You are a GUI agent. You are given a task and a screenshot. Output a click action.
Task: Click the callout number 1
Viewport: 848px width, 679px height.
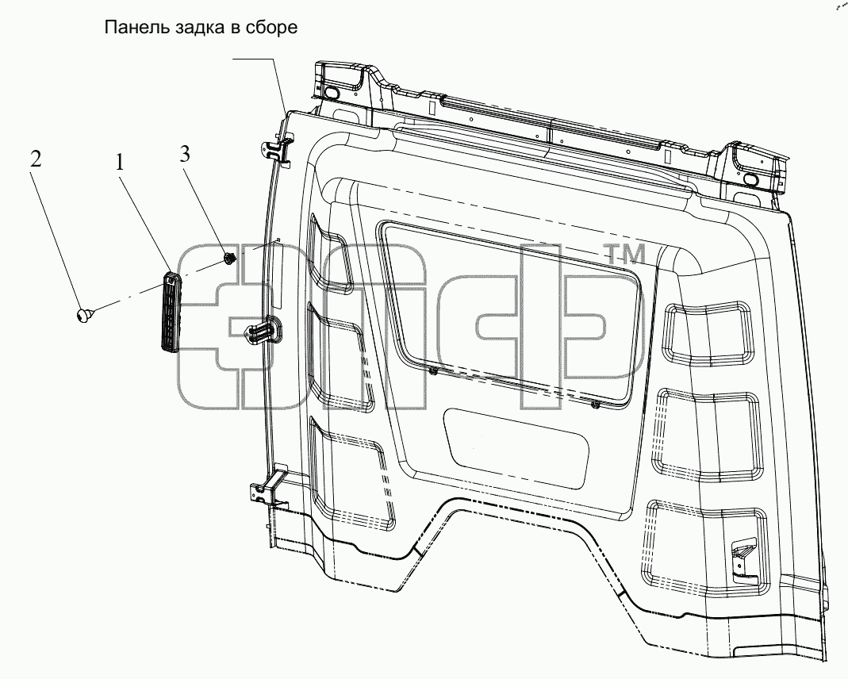[119, 161]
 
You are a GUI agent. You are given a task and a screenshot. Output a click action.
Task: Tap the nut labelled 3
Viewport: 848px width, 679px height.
[229, 259]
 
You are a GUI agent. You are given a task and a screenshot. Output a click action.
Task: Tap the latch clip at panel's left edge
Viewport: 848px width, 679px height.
[263, 331]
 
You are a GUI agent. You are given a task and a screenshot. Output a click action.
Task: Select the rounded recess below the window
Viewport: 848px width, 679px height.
[516, 444]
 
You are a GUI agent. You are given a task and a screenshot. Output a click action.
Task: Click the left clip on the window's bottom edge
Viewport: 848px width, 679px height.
[433, 371]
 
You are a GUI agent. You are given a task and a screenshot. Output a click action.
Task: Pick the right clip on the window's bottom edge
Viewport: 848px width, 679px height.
[595, 405]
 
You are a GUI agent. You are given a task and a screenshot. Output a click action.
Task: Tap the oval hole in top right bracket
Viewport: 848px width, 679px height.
[752, 179]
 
